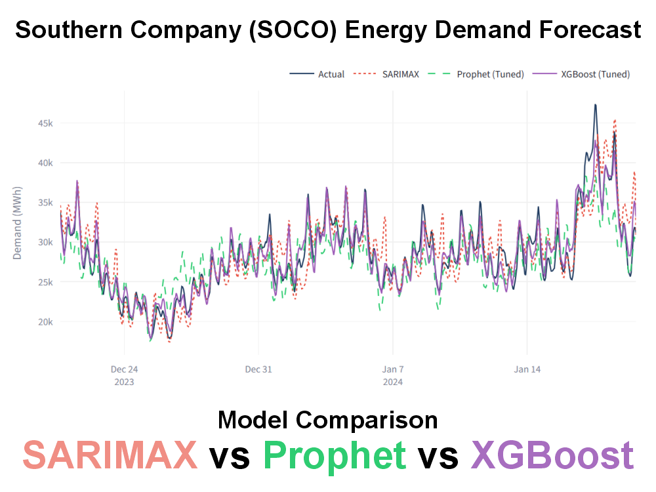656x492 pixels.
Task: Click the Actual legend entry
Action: [x=317, y=74]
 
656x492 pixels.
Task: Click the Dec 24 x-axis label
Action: [x=124, y=369]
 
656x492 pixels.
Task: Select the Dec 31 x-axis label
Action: [x=258, y=369]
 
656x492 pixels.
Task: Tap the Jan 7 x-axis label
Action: [x=393, y=369]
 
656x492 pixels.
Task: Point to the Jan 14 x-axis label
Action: [x=527, y=369]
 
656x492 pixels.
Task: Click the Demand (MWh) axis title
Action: [x=18, y=223]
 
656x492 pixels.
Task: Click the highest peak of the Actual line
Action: [x=595, y=104]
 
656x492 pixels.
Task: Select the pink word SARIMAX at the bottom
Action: [x=110, y=455]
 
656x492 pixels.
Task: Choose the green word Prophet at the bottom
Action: [x=334, y=455]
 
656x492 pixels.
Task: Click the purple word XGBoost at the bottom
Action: [x=552, y=455]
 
